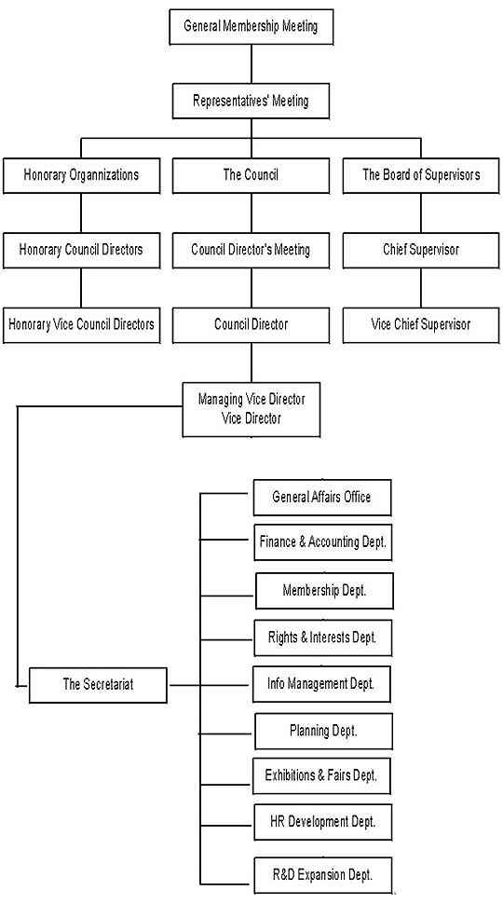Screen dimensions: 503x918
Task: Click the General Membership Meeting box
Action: coord(251,27)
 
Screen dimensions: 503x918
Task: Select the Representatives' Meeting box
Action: coord(251,102)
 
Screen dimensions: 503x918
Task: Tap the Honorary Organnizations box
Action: coord(81,175)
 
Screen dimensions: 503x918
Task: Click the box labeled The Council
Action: coord(251,175)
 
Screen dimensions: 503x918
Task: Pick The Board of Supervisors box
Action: coord(421,175)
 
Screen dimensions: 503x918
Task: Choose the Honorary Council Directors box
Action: coord(81,251)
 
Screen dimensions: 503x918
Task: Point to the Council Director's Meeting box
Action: coord(251,251)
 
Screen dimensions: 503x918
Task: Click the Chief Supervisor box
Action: coord(421,251)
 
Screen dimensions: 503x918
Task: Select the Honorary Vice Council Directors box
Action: coord(81,325)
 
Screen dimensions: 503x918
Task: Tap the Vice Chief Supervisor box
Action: coord(421,325)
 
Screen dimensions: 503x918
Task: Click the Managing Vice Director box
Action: coord(251,410)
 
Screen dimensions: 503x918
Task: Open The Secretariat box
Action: coord(98,685)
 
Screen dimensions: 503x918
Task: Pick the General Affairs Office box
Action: coord(322,498)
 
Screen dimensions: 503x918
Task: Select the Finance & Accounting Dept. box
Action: coord(323,542)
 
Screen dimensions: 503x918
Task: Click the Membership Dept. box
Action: coord(324,591)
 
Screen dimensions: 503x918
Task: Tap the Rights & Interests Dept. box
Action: coord(323,638)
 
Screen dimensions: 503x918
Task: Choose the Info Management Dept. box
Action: coord(321,684)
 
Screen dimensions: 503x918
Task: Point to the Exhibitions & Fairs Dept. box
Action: coord(321,776)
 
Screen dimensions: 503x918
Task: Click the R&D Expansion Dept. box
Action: coord(323,876)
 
